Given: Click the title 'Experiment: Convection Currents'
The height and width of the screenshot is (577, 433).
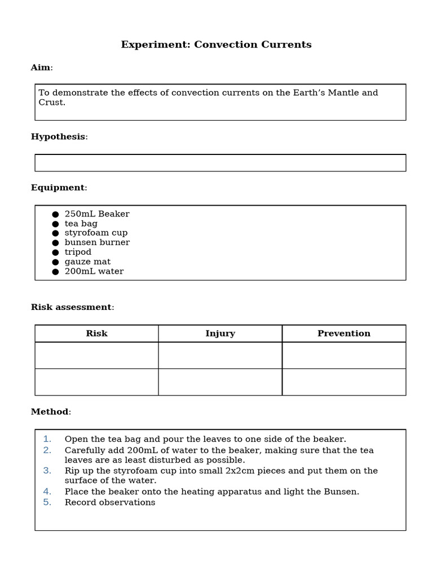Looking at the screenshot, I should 216,45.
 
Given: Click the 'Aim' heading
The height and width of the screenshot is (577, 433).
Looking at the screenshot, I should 41,68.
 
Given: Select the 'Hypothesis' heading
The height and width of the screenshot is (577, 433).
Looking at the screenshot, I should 58,137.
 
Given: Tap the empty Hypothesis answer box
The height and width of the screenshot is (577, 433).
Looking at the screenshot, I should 220,163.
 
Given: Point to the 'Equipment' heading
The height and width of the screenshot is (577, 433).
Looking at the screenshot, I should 58,188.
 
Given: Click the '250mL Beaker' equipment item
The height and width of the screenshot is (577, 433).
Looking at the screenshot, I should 96,214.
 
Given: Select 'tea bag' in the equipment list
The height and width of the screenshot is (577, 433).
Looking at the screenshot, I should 81,224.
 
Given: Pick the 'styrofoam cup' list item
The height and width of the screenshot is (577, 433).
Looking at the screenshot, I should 96,233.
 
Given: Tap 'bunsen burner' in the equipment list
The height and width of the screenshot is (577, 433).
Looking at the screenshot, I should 97,242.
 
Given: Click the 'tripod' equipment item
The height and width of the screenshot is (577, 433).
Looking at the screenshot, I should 78,252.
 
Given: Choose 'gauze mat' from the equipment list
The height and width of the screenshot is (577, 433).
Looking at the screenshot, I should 87,261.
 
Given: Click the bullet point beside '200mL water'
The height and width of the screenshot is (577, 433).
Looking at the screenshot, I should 55,272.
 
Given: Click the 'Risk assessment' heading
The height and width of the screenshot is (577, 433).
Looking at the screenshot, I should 71,307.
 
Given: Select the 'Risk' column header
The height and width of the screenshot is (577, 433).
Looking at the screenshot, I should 96,334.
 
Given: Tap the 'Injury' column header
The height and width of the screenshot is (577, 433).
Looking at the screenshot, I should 220,334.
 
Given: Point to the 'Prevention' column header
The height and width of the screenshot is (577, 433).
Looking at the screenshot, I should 344,334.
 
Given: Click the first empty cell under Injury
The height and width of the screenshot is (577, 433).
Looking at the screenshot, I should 220,355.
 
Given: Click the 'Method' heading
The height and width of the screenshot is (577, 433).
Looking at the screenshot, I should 50,412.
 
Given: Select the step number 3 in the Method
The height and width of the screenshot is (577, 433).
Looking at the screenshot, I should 47,471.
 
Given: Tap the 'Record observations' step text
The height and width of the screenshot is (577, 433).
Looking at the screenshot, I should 110,503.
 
